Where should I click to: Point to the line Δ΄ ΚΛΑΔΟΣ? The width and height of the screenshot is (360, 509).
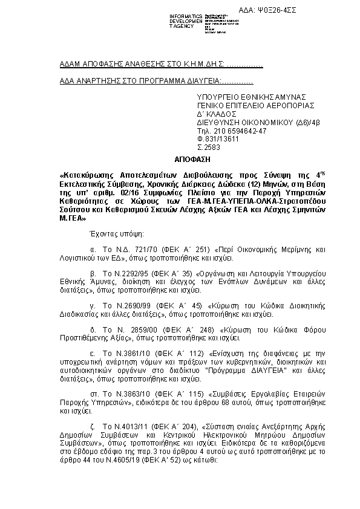[x=217, y=113]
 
